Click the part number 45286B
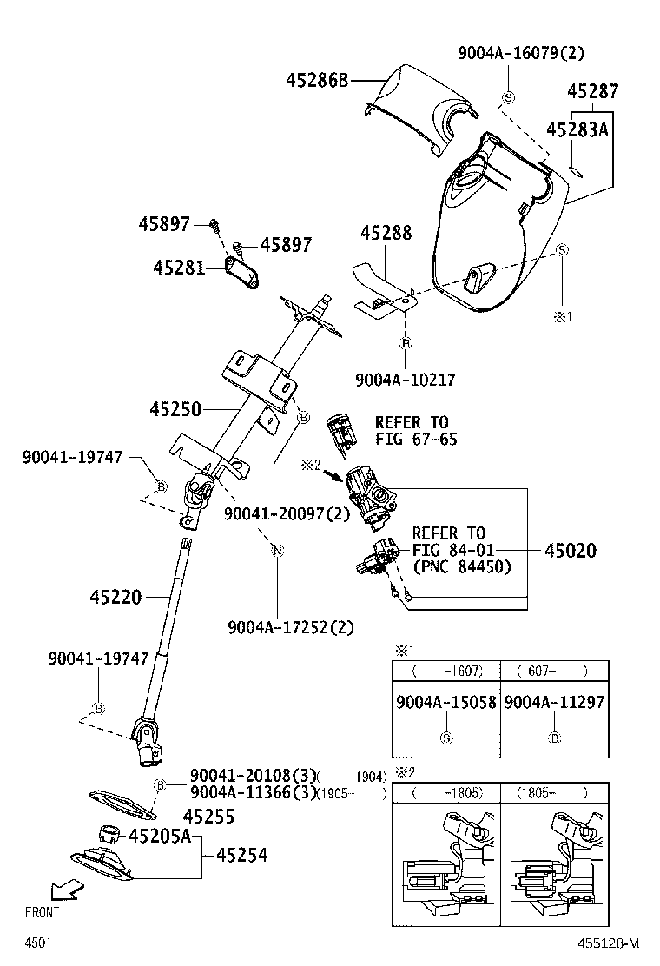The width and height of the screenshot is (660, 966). [x=317, y=81]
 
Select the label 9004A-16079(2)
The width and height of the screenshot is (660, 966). [x=522, y=53]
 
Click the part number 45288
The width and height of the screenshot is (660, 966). [x=386, y=233]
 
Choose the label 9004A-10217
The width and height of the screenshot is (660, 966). [x=406, y=380]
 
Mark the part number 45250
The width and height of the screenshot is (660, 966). [x=175, y=407]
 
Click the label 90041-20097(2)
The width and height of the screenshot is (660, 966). [x=287, y=513]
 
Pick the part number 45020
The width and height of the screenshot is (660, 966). [x=571, y=550]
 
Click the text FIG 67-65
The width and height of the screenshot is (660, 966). [x=416, y=440]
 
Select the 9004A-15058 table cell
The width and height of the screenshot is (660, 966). [x=446, y=702]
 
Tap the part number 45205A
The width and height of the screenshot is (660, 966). [x=160, y=837]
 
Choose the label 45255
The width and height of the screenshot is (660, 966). [x=208, y=817]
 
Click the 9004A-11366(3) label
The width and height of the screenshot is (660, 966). [x=253, y=791]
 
